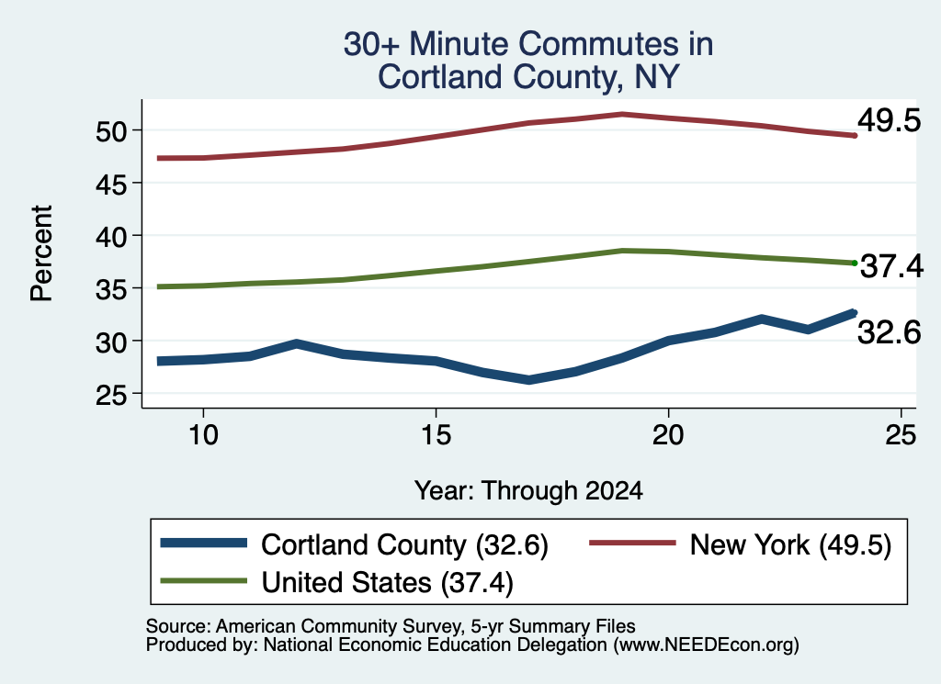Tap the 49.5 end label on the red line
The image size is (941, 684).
tap(889, 120)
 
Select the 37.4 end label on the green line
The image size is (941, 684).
tap(891, 266)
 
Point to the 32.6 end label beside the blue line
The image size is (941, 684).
tap(889, 332)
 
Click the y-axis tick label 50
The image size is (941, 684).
tap(111, 131)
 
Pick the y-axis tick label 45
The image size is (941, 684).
tap(111, 184)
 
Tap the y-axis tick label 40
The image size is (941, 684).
tap(111, 237)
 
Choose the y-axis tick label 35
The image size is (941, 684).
tap(111, 289)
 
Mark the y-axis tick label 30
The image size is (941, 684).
tap(111, 342)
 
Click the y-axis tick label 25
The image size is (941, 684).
tap(111, 395)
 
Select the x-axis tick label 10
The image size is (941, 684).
tap(203, 434)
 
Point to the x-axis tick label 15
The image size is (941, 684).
tap(436, 434)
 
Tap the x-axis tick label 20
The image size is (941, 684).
tap(668, 434)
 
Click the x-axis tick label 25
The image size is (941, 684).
tap(901, 434)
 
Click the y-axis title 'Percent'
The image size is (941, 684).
tap(41, 253)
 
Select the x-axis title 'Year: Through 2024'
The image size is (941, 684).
tap(528, 491)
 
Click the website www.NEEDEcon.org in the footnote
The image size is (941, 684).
tap(706, 645)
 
